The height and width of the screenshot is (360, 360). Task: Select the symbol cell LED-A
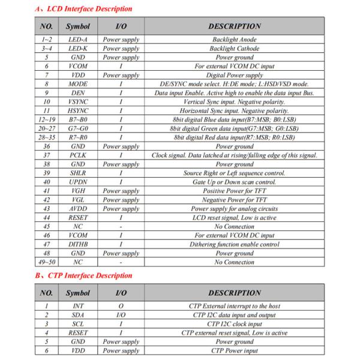pyautogui.click(x=78, y=40)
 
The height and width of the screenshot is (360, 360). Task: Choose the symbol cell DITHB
pyautogui.click(x=78, y=245)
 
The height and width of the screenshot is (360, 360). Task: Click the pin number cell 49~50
pyautogui.click(x=46, y=262)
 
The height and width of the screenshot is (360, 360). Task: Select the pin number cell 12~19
pyautogui.click(x=46, y=120)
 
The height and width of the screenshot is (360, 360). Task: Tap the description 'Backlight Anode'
pyautogui.click(x=235, y=40)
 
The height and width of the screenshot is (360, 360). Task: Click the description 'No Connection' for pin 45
pyautogui.click(x=235, y=227)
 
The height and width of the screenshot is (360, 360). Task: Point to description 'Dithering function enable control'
pyautogui.click(x=235, y=245)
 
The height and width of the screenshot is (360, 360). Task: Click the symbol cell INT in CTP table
pyautogui.click(x=78, y=306)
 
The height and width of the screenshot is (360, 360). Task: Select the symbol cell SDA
pyautogui.click(x=78, y=315)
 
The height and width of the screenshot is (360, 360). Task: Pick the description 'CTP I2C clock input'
pyautogui.click(x=235, y=324)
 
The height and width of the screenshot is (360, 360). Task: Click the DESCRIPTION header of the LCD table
pyautogui.click(x=235, y=26)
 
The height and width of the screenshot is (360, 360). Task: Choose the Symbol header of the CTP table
pyautogui.click(x=78, y=293)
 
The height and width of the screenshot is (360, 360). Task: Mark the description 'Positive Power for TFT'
pyautogui.click(x=235, y=191)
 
